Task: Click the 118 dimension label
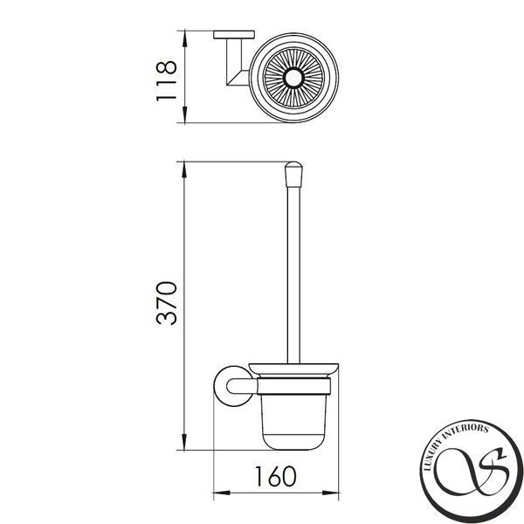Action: [x=167, y=80]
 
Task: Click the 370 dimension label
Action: [x=167, y=303]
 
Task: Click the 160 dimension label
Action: [x=276, y=476]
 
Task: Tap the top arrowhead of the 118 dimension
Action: [x=184, y=38]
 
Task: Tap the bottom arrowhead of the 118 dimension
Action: [x=184, y=114]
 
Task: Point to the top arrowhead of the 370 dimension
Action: [x=184, y=169]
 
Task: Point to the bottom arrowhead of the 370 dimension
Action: [x=184, y=442]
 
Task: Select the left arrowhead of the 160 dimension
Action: [x=222, y=493]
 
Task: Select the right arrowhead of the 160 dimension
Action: [x=330, y=493]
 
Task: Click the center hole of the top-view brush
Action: [x=293, y=78]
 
